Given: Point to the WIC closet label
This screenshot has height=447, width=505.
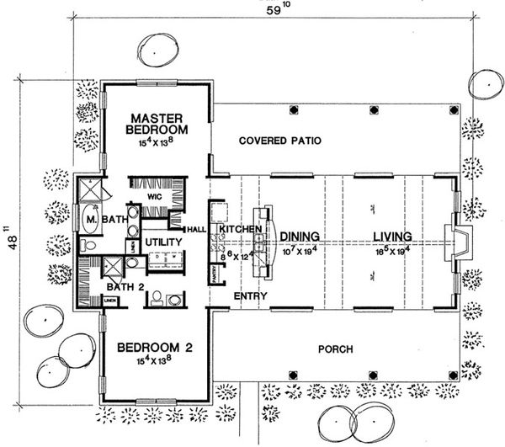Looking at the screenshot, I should tap(155, 196).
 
